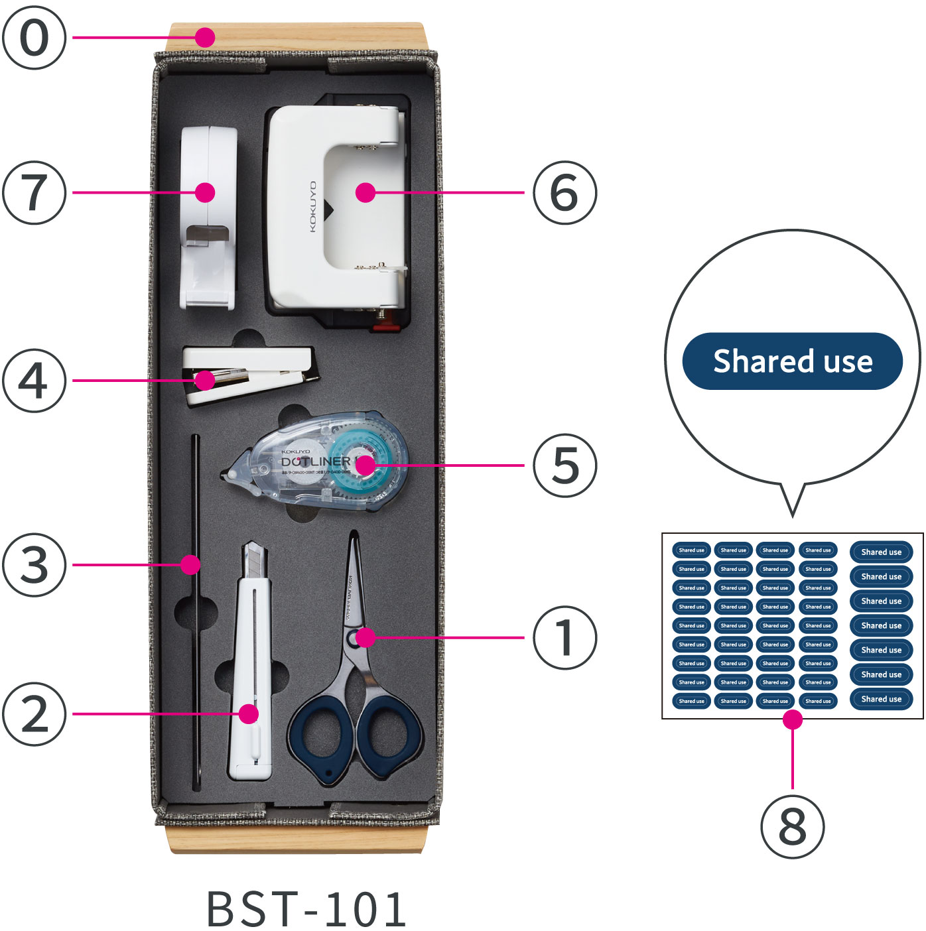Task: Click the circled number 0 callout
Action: point(34,37)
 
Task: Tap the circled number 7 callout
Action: point(34,192)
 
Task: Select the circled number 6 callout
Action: point(564,192)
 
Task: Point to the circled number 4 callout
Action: point(34,381)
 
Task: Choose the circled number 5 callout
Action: point(564,465)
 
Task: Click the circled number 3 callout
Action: point(34,564)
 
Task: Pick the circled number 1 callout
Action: point(564,637)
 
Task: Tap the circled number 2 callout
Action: point(34,714)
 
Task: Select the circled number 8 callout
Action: point(792,826)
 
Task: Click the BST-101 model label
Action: point(306,908)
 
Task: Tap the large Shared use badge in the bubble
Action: point(792,361)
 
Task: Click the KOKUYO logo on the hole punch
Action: point(313,207)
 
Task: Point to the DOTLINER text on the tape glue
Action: point(316,462)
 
